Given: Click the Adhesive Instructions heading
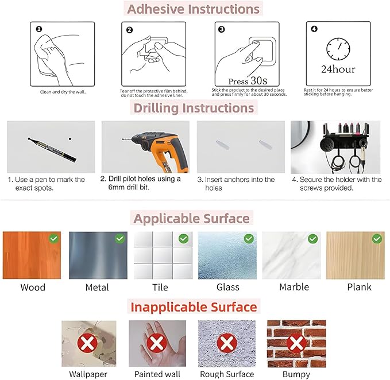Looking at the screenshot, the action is pyautogui.click(x=193, y=9).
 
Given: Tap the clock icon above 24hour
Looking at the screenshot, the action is pyautogui.click(x=338, y=49).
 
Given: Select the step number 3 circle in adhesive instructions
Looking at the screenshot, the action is pyautogui.click(x=221, y=29).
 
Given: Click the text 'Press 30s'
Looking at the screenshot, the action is pyautogui.click(x=248, y=80).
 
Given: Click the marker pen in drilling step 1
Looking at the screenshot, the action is pyautogui.click(x=52, y=149).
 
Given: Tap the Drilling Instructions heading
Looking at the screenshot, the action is pyautogui.click(x=194, y=108).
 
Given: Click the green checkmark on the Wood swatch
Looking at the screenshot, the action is pyautogui.click(x=54, y=239).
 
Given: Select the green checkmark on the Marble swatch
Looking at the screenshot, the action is pyautogui.click(x=312, y=239).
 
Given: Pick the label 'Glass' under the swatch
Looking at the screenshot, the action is pyautogui.click(x=228, y=287).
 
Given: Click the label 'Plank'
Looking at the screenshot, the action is pyautogui.click(x=359, y=287).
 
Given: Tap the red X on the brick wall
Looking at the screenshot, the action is pyautogui.click(x=296, y=343).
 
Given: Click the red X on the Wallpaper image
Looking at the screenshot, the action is pyautogui.click(x=87, y=343).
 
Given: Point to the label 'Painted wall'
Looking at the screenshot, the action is pyautogui.click(x=157, y=374).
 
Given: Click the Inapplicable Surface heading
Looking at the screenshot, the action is pyautogui.click(x=194, y=307).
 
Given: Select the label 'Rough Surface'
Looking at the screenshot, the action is pyautogui.click(x=227, y=374).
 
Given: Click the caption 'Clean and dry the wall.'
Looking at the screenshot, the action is pyautogui.click(x=63, y=92).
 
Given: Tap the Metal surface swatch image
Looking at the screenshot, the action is pyautogui.click(x=98, y=255).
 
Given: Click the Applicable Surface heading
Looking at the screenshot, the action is pyautogui.click(x=191, y=219).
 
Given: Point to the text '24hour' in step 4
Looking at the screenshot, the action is pyautogui.click(x=338, y=69).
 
